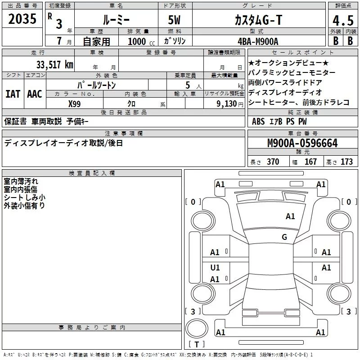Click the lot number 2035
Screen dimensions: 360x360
pyautogui.click(x=22, y=19)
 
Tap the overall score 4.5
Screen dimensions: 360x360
pyautogui.click(x=342, y=21)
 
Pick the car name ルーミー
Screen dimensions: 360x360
pyautogui.click(x=116, y=20)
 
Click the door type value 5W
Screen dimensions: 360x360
pyautogui.click(x=175, y=20)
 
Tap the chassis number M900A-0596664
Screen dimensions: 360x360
pyautogui.click(x=302, y=143)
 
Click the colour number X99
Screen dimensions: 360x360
pyautogui.click(x=75, y=103)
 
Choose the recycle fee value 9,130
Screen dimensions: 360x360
pyautogui.click(x=228, y=103)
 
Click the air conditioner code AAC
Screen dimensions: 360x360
pyautogui.click(x=35, y=94)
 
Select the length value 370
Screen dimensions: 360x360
pyautogui.click(x=273, y=162)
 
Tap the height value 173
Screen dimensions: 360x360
pyautogui.click(x=346, y=162)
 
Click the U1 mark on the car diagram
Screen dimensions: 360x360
pyautogui.click(x=215, y=268)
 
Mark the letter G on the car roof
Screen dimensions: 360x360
pyautogui.click(x=284, y=237)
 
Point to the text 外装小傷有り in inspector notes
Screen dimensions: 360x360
pyautogui.click(x=24, y=205)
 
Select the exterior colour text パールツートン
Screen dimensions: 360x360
pyautogui.click(x=96, y=84)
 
